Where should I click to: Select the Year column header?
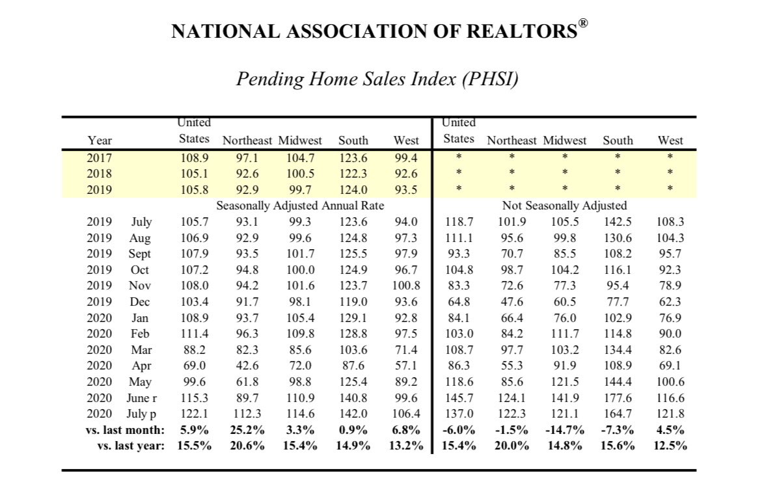(100, 141)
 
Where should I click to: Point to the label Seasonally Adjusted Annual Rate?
(300, 206)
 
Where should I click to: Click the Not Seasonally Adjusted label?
(564, 206)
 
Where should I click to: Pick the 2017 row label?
(100, 157)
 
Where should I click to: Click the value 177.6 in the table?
(618, 397)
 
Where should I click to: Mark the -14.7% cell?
(564, 429)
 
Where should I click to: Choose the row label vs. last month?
(124, 429)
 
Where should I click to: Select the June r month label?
(141, 397)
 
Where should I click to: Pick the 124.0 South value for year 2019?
(353, 191)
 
